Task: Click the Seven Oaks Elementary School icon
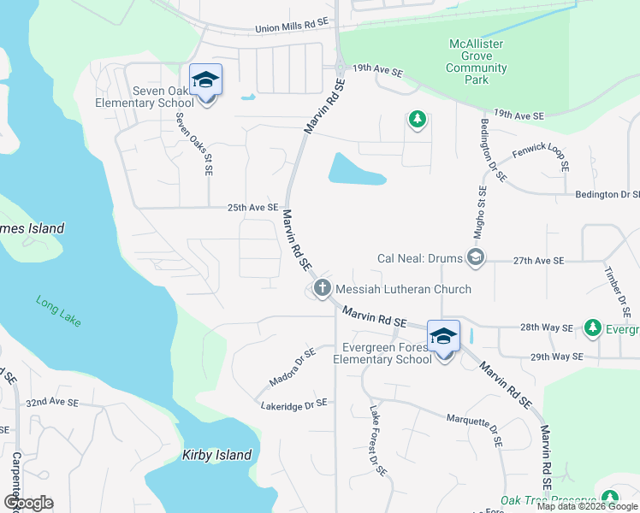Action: point(205,81)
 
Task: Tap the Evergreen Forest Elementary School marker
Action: point(443,337)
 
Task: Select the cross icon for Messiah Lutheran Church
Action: point(323,288)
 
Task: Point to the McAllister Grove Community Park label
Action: point(477,62)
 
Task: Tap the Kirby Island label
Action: point(217,455)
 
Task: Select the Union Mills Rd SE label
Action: point(292,28)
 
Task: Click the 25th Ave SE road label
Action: point(254,207)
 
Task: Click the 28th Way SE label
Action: point(545,327)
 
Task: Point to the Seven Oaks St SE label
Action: point(194,144)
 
